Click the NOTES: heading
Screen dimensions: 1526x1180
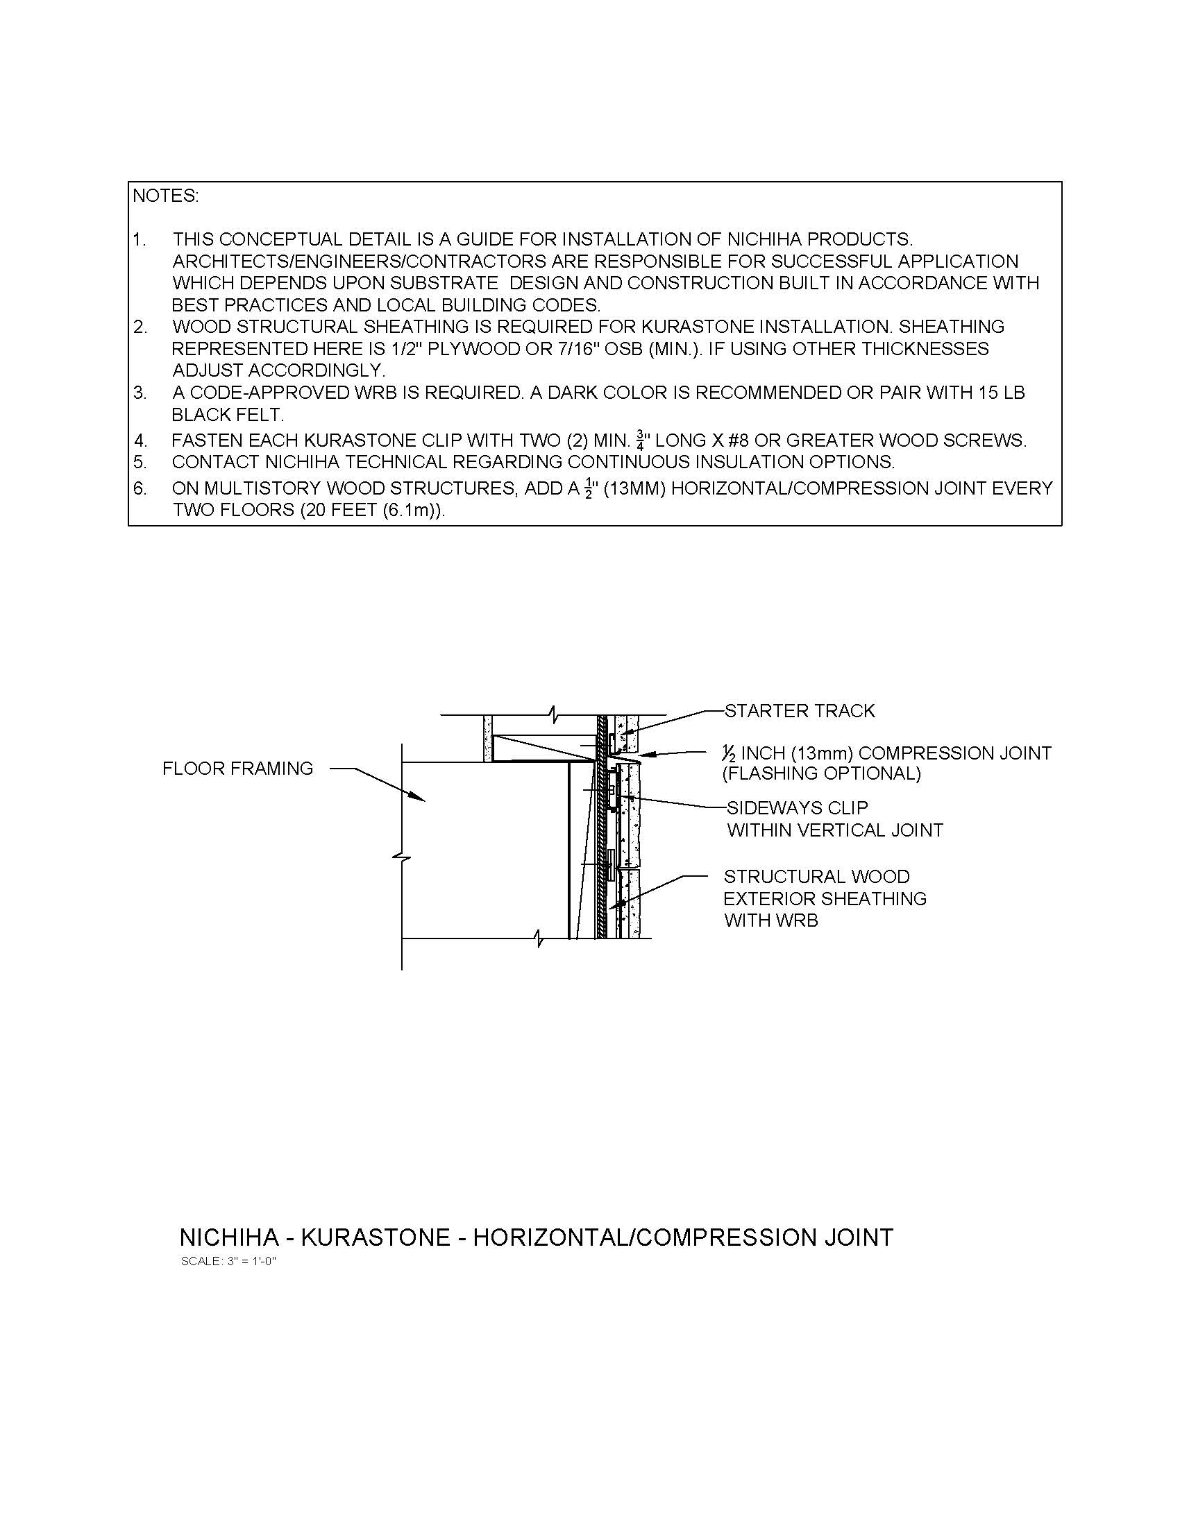click(x=166, y=196)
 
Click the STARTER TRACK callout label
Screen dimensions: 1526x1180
click(x=799, y=711)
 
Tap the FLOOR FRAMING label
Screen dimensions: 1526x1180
click(x=237, y=769)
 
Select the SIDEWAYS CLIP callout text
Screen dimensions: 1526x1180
click(x=797, y=808)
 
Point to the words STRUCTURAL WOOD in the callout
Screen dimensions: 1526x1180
click(x=816, y=877)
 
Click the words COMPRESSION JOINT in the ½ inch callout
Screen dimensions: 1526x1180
click(x=955, y=753)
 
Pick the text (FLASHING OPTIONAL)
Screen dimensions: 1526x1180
click(x=821, y=773)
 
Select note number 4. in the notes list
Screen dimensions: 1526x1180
click(x=140, y=441)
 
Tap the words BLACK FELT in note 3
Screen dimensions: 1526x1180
click(x=228, y=415)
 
